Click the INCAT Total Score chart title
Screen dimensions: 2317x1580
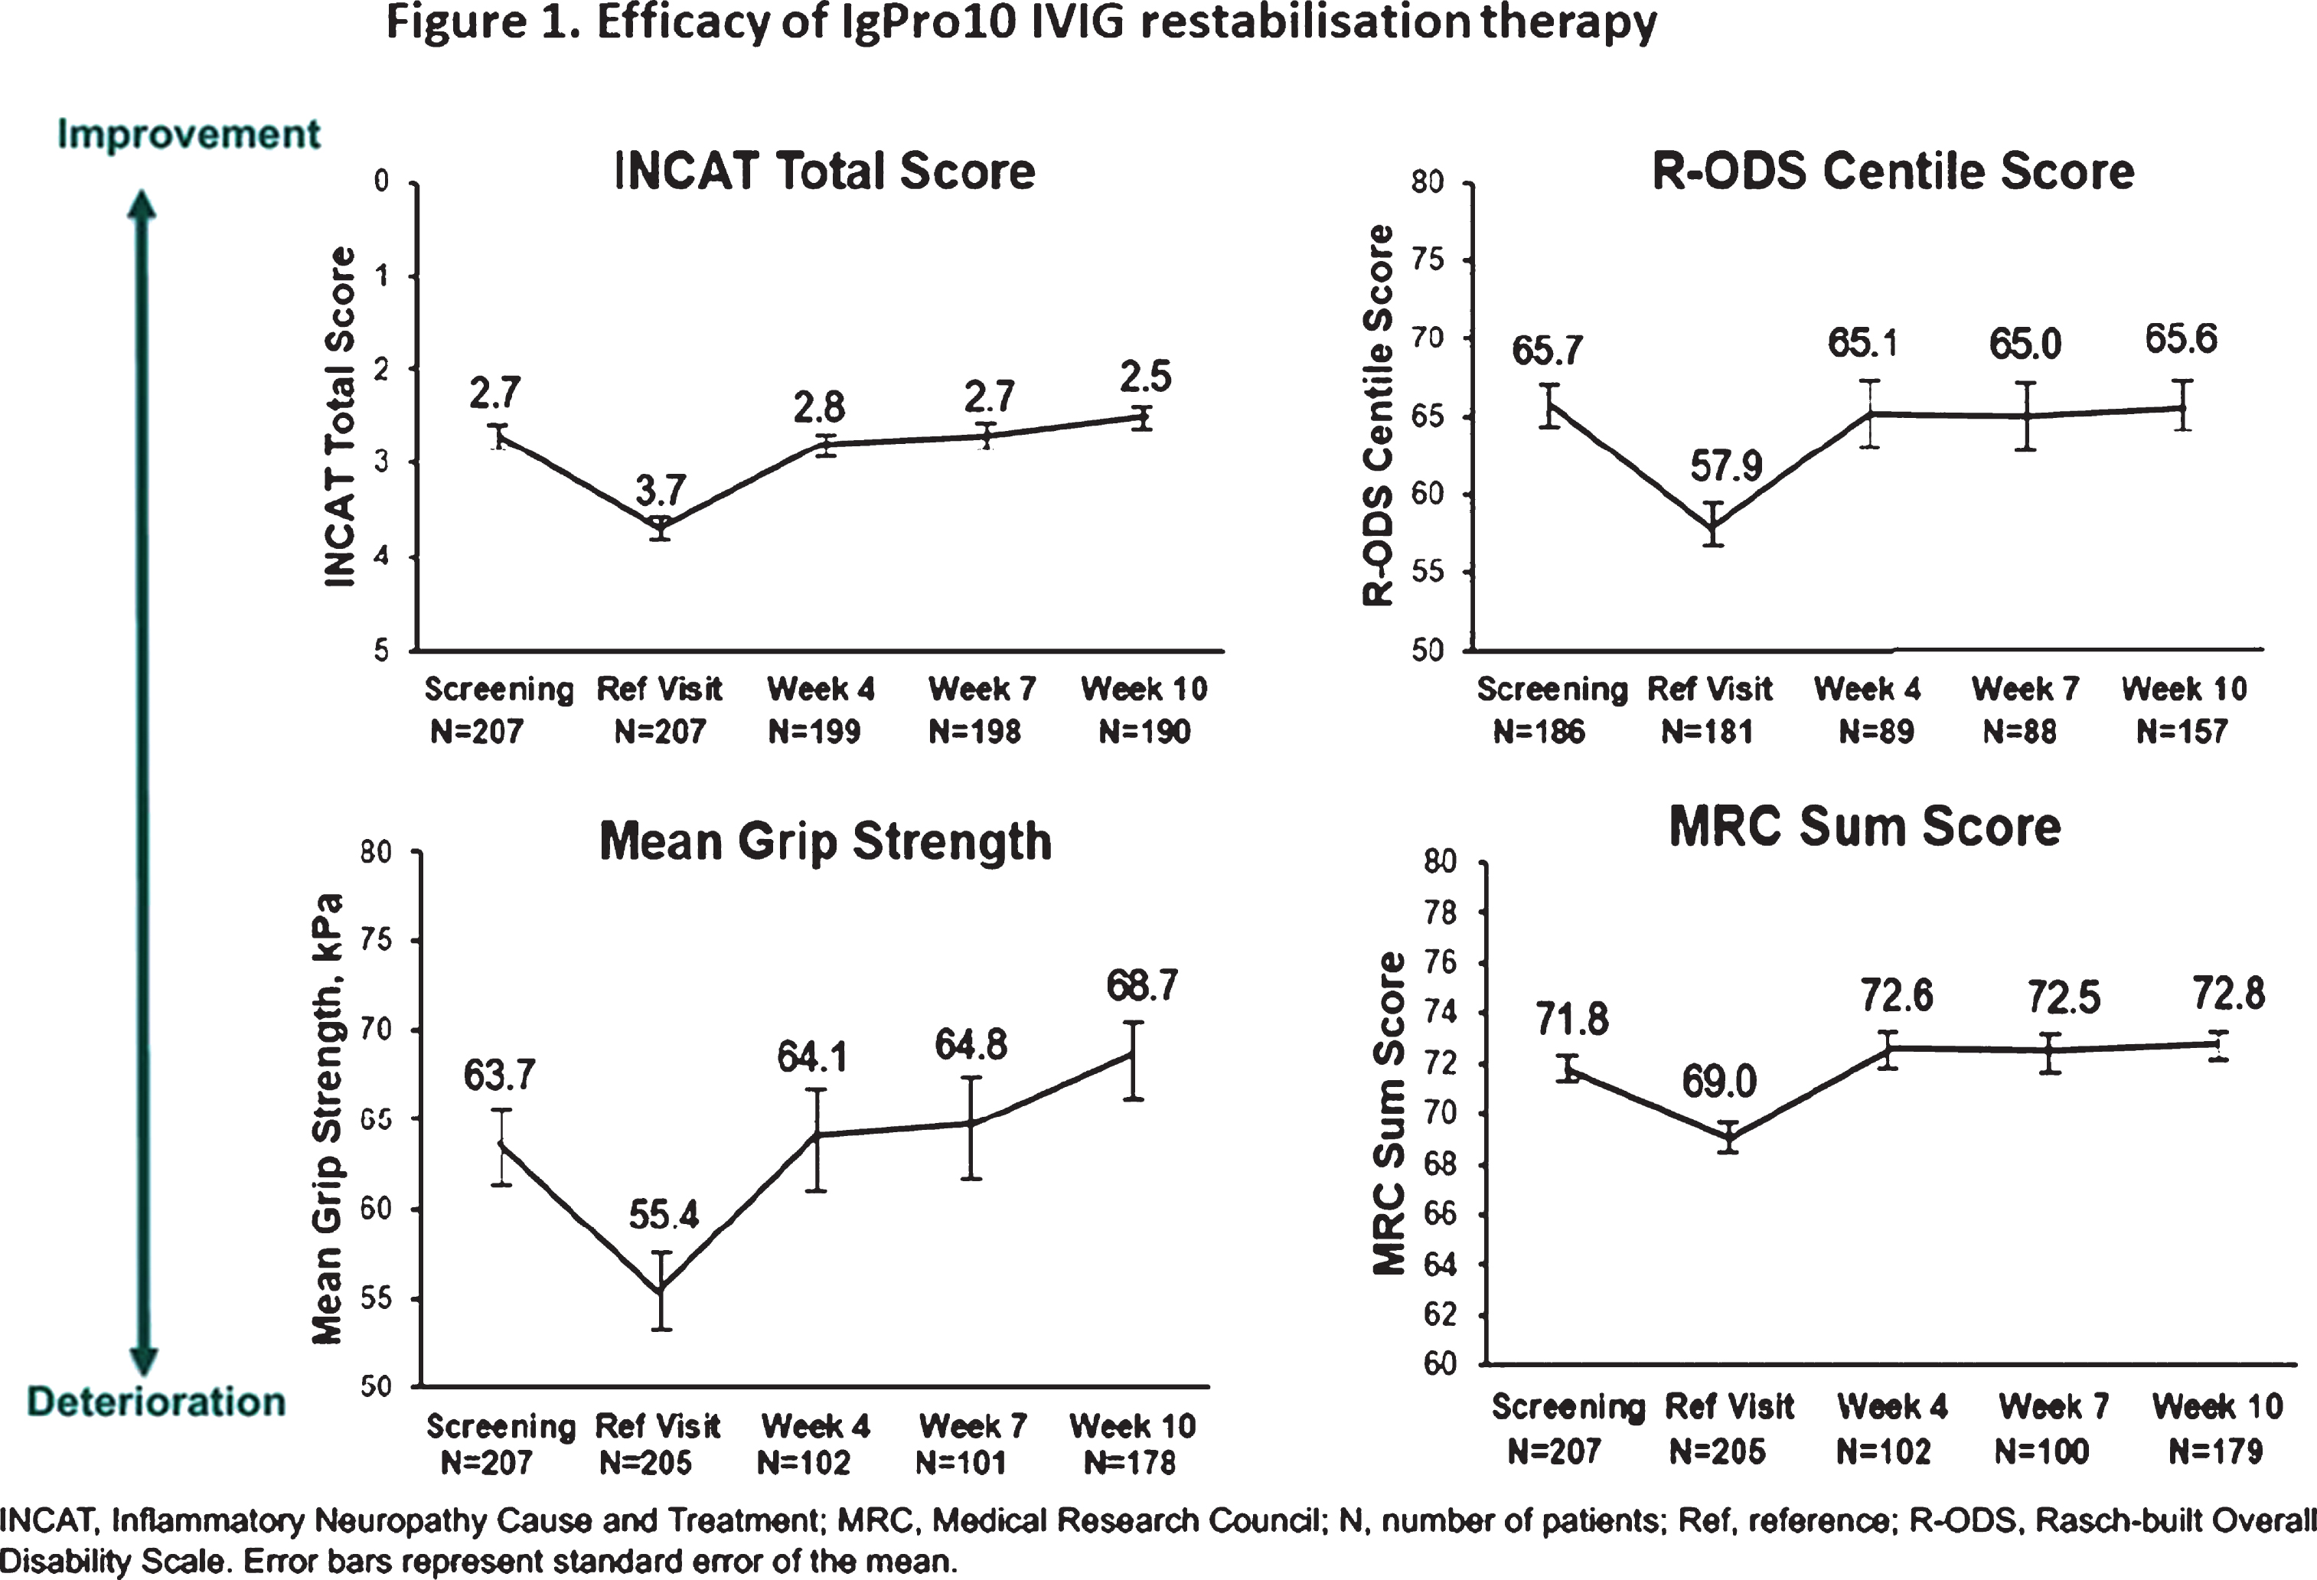tap(824, 171)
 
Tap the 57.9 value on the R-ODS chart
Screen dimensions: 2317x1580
tap(1727, 465)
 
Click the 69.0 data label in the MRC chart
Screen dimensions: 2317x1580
tap(1720, 1082)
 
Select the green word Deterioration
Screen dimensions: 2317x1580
tap(156, 1402)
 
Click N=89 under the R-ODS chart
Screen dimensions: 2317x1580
tap(1876, 733)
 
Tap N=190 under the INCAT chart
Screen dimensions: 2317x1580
tap(1144, 733)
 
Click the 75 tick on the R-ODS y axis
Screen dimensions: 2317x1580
tap(1428, 260)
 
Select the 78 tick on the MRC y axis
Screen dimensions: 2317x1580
tap(1441, 913)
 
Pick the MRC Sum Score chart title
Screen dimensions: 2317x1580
tap(1865, 828)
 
